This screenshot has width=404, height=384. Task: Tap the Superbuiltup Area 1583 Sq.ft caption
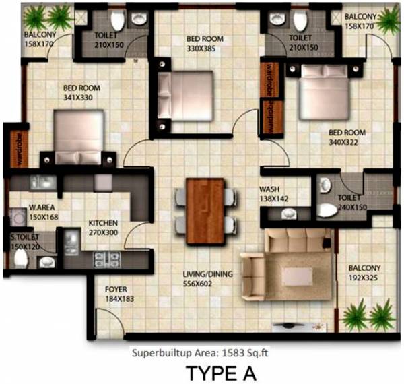pyautogui.click(x=203, y=350)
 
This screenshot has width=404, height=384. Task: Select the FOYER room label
pyautogui.click(x=116, y=290)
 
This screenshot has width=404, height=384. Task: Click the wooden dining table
pyautogui.click(x=205, y=203)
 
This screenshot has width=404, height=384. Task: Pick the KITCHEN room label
pyautogui.click(x=104, y=222)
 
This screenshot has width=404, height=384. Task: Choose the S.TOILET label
pyautogui.click(x=24, y=238)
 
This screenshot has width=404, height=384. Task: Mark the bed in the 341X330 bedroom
pyautogui.click(x=77, y=138)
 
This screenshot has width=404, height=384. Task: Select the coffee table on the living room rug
pyautogui.click(x=296, y=276)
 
